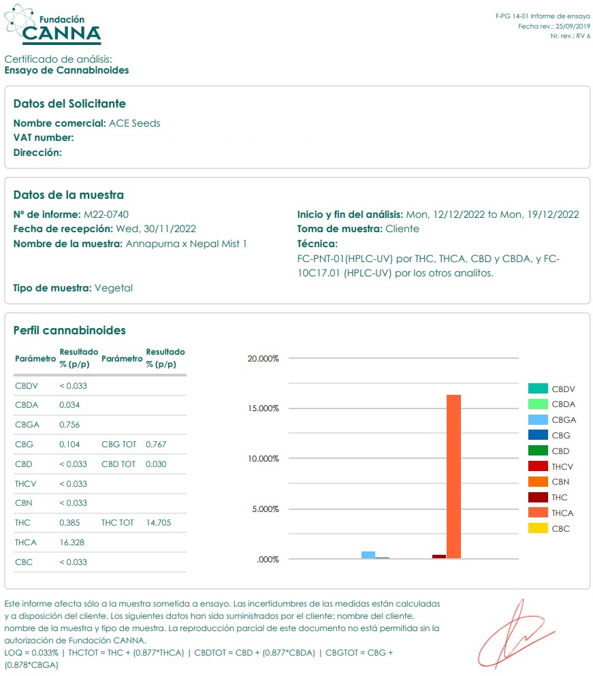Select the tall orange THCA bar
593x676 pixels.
click(x=453, y=477)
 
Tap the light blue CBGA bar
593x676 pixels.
click(x=368, y=555)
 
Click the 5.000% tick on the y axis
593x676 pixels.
click(x=265, y=509)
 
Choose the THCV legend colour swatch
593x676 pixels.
click(x=538, y=466)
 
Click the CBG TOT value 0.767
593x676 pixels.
click(x=156, y=445)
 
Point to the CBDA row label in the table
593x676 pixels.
click(x=27, y=405)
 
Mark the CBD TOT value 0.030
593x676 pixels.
click(x=156, y=464)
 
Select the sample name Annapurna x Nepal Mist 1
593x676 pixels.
click(x=186, y=244)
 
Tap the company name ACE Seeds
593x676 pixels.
click(x=135, y=123)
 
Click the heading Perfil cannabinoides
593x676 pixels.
click(x=69, y=331)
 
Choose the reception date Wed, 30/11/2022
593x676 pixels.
click(x=155, y=229)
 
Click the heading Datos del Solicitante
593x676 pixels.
click(x=69, y=103)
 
